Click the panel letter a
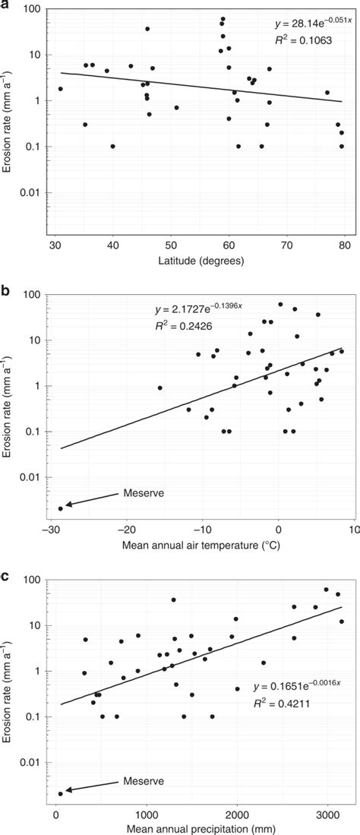click(6, 7)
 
